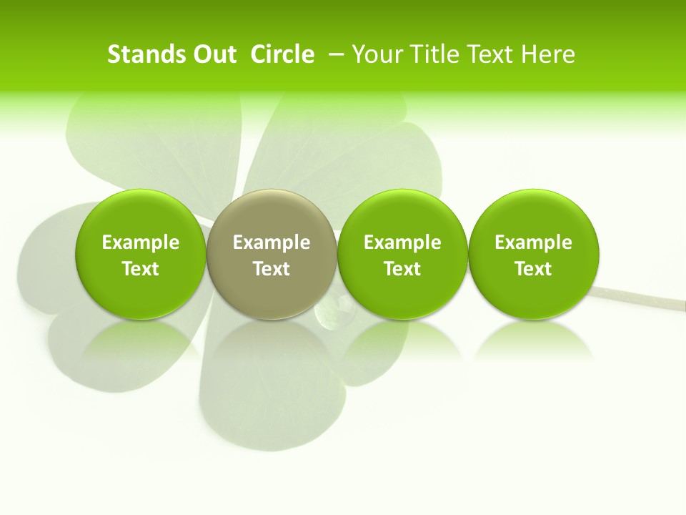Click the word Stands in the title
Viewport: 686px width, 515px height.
(x=146, y=54)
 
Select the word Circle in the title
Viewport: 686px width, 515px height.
(x=282, y=54)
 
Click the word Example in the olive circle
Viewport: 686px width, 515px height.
(x=272, y=242)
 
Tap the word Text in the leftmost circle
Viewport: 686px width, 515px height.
(x=140, y=269)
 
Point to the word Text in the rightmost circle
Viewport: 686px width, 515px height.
(x=534, y=269)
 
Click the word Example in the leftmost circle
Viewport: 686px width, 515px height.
(x=140, y=242)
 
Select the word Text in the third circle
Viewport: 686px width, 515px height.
(x=402, y=269)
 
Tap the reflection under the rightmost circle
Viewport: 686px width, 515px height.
(x=534, y=340)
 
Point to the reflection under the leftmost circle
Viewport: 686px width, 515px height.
(x=140, y=340)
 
